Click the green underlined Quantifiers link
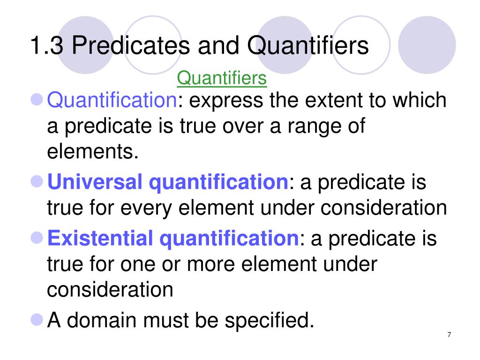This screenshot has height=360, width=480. (222, 78)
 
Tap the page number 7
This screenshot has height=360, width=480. (449, 334)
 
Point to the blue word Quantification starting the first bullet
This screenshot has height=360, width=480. (112, 100)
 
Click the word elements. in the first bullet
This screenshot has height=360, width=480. (93, 152)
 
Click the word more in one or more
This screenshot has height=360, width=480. (211, 264)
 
